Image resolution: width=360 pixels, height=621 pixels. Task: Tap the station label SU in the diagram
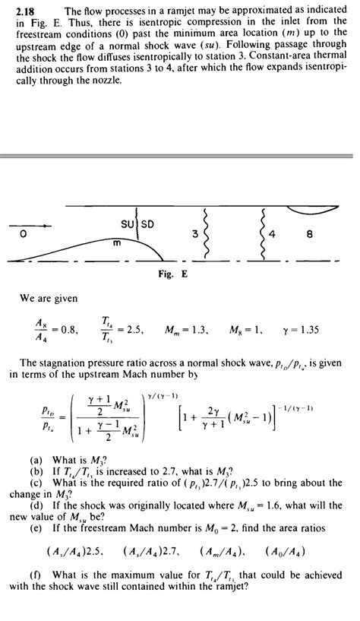(x=128, y=224)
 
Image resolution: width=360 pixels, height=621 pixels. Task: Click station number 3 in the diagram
(x=195, y=234)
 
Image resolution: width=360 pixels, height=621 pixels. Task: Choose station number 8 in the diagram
(x=309, y=234)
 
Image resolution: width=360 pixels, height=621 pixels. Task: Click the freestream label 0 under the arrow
(x=24, y=234)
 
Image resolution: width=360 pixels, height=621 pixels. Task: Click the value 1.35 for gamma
(x=312, y=330)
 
